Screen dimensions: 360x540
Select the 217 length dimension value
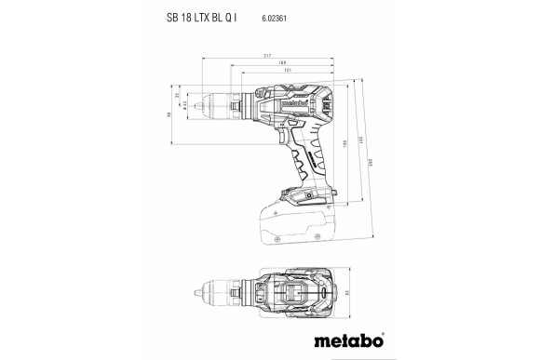click(x=267, y=57)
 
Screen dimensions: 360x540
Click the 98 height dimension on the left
click(x=171, y=115)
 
